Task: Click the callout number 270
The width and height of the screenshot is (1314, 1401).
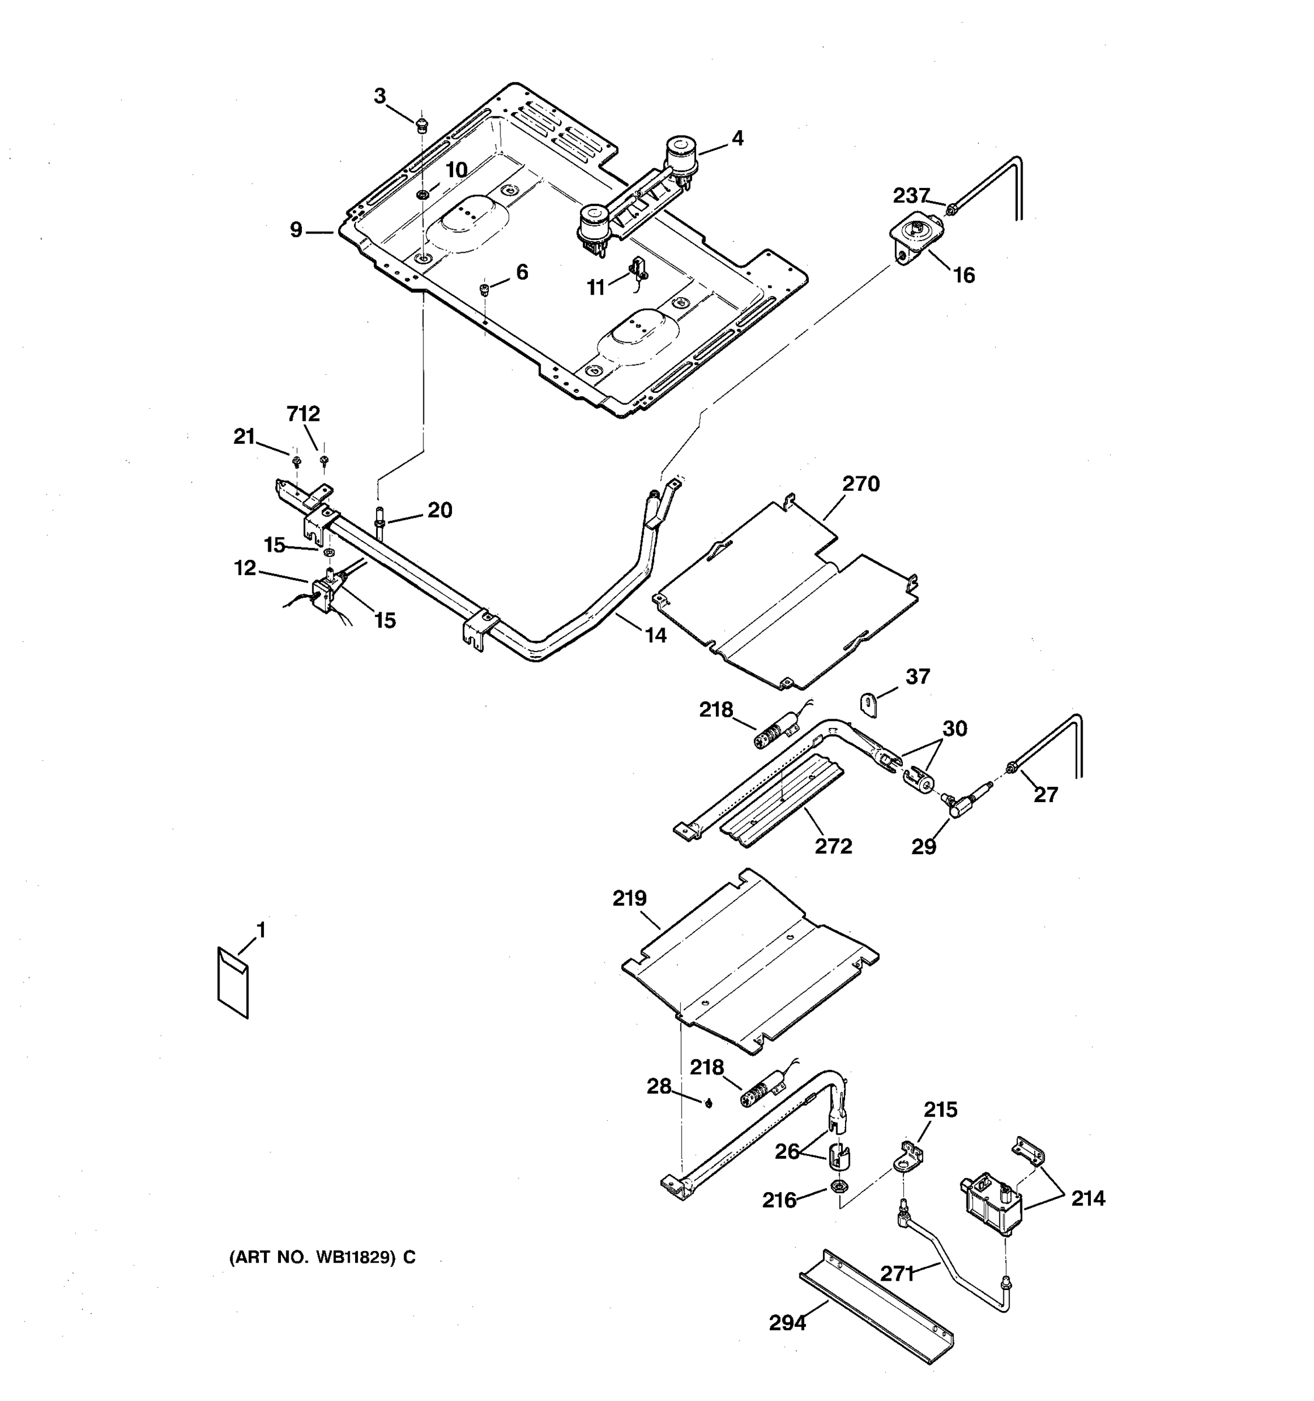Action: (861, 484)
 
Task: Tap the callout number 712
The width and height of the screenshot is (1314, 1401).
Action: (303, 414)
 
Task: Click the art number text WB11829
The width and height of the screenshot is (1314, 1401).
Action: (322, 1258)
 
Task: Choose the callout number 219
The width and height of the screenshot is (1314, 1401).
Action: (629, 898)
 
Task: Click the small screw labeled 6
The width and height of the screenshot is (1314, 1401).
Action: (484, 289)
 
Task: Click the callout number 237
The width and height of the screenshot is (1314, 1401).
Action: (912, 195)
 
